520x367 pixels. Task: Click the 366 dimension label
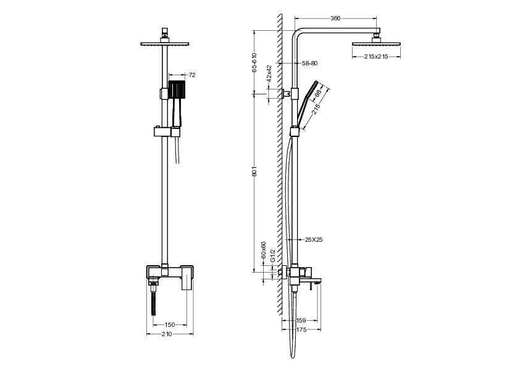coord(335,19)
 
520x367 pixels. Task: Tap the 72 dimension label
coord(191,75)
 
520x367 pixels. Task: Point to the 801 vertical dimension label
coord(254,175)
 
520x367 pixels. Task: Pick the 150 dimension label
coord(170,324)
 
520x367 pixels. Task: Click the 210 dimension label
coord(167,334)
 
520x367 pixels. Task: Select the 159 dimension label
coord(302,321)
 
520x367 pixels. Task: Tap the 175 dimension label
coord(302,331)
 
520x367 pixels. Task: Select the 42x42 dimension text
coord(269,73)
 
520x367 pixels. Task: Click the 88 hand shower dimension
coord(318,94)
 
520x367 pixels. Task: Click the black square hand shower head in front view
coord(177,89)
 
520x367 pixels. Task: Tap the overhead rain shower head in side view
coord(376,43)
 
